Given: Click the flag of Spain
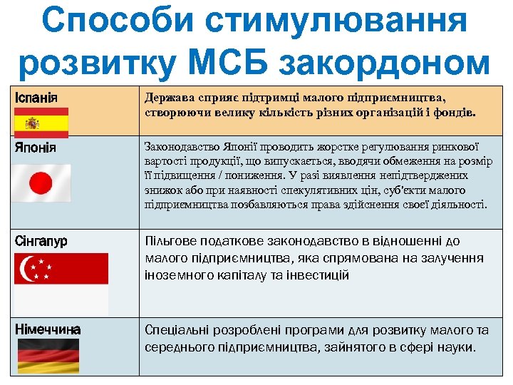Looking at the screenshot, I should (x=41, y=122).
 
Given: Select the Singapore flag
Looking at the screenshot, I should (x=61, y=283).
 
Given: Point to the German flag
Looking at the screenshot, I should (x=48, y=356).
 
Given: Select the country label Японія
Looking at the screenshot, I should (x=36, y=148).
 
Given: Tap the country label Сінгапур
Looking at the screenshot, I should (x=41, y=241).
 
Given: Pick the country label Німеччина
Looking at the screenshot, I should (x=48, y=329).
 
